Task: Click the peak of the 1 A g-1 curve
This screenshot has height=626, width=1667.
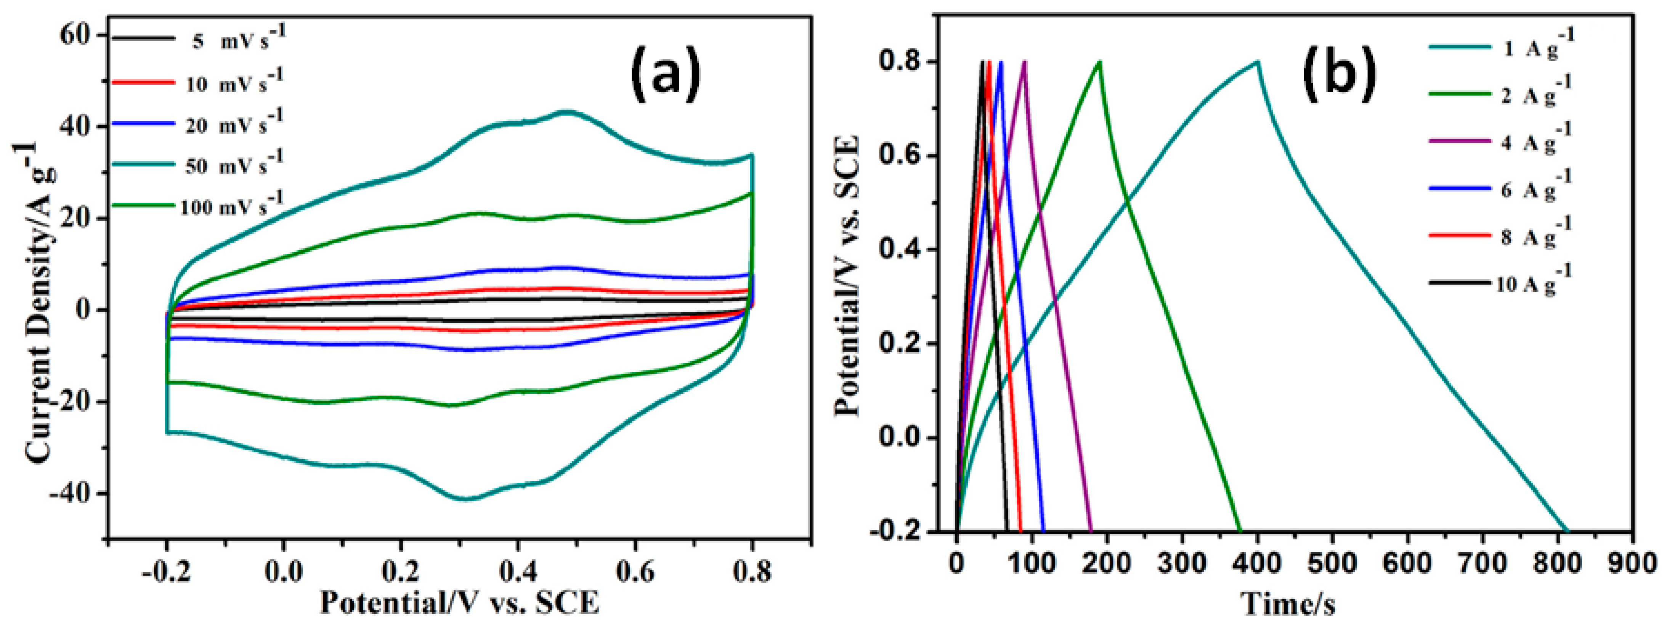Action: pos(1257,62)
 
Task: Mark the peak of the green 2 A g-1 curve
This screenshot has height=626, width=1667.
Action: pos(1099,62)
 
